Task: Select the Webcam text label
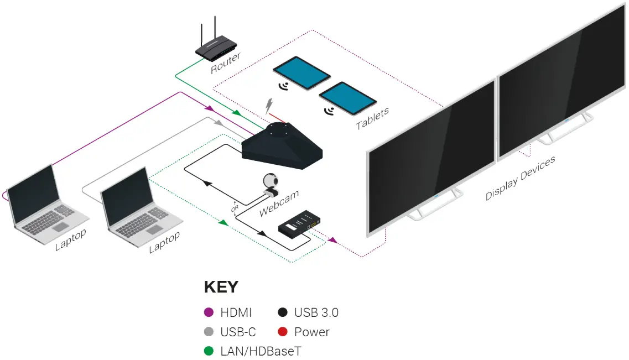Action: tap(279, 203)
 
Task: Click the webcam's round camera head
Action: tap(269, 181)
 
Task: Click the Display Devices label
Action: tap(520, 178)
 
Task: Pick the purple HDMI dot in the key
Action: tap(209, 312)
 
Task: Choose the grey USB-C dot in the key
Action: tap(209, 332)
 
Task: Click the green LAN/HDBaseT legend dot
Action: tap(209, 351)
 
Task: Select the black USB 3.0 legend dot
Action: tap(283, 312)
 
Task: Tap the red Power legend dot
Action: tap(283, 332)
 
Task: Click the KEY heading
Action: tap(221, 287)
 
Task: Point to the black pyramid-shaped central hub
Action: tap(282, 145)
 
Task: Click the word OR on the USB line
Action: tap(234, 210)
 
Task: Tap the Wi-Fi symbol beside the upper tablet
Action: tap(285, 86)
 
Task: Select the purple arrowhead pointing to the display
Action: tap(332, 241)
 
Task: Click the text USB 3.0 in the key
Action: tap(316, 312)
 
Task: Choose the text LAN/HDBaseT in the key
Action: tap(261, 351)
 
